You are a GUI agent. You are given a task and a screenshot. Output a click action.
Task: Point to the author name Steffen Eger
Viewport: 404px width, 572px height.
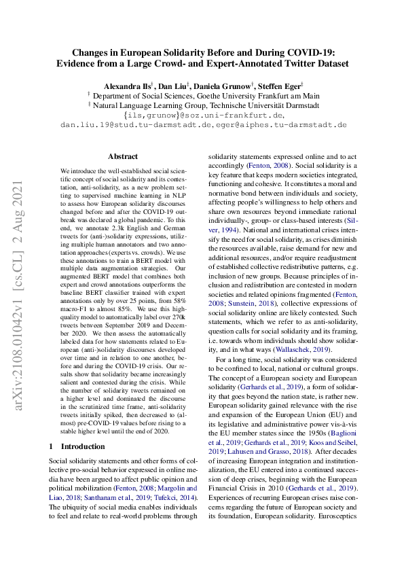[281, 87]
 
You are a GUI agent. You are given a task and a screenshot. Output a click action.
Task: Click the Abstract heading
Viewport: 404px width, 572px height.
[122, 156]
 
